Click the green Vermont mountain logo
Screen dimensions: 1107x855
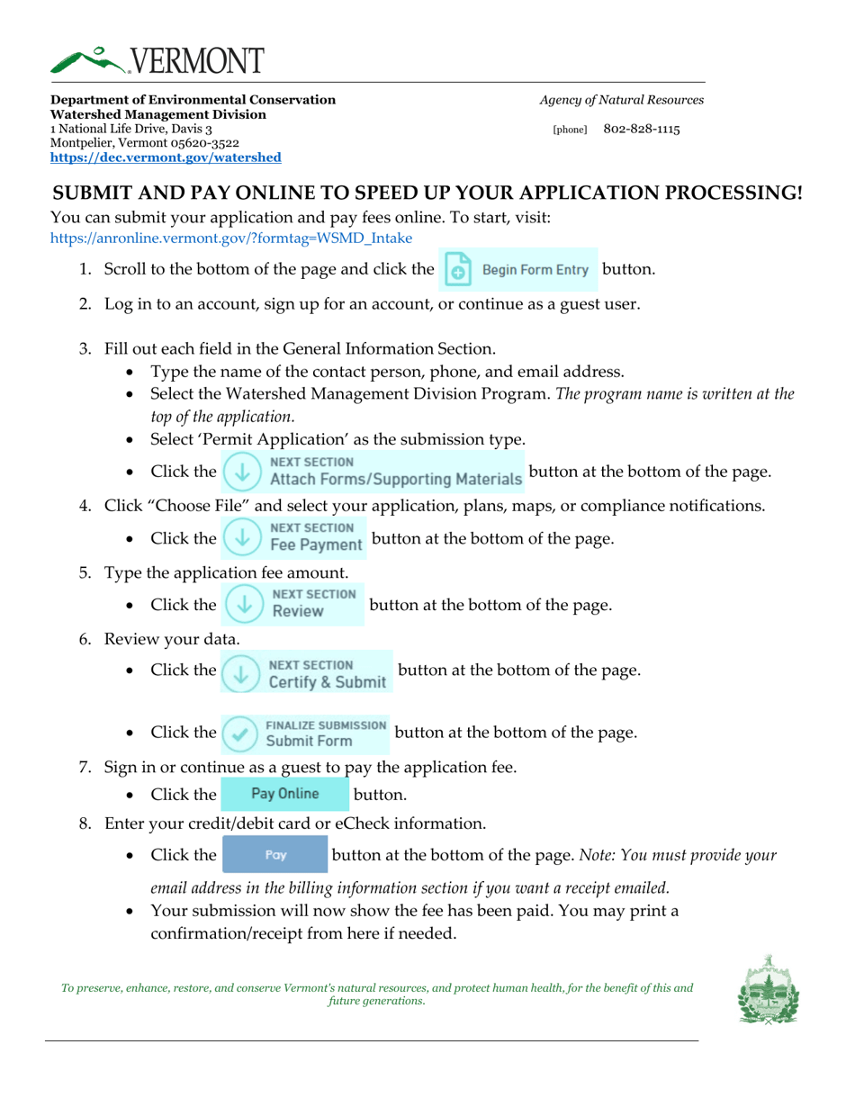(x=90, y=60)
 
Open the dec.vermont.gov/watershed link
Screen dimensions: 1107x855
(x=166, y=157)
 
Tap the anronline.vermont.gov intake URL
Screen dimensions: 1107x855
(x=231, y=238)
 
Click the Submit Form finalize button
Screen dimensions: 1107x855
(x=306, y=733)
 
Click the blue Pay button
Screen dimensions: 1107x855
(x=275, y=855)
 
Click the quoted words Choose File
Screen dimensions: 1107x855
(x=199, y=505)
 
